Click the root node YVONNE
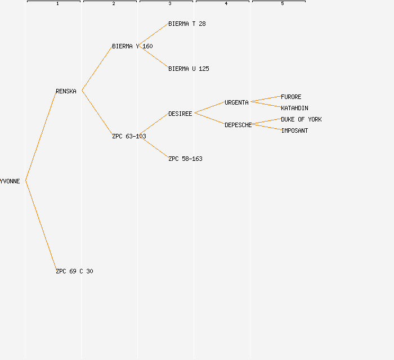pyautogui.click(x=10, y=181)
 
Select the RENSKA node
pyautogui.click(x=66, y=91)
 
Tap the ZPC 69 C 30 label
pyautogui.click(x=74, y=271)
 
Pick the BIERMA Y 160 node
pyautogui.click(x=132, y=46)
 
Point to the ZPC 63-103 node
pyautogui.click(x=129, y=136)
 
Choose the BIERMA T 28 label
pyautogui.click(x=187, y=24)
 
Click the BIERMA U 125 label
pyautogui.click(x=189, y=69)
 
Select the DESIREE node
pyautogui.click(x=180, y=114)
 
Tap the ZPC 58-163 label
pyautogui.click(x=185, y=159)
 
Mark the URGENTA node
pyautogui.click(x=236, y=102)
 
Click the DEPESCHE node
pyautogui.click(x=238, y=125)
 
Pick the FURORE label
pyautogui.click(x=291, y=97)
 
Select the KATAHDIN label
pyautogui.click(x=294, y=108)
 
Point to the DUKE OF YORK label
pyautogui.click(x=301, y=119)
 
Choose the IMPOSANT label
pyautogui.click(x=294, y=130)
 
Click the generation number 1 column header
pyautogui.click(x=57, y=4)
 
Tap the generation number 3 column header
pyautogui.click(x=170, y=4)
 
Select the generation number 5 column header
pyautogui.click(x=283, y=4)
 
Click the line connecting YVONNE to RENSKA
pyautogui.click(x=41, y=136)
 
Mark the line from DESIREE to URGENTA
pyautogui.click(x=209, y=108)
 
